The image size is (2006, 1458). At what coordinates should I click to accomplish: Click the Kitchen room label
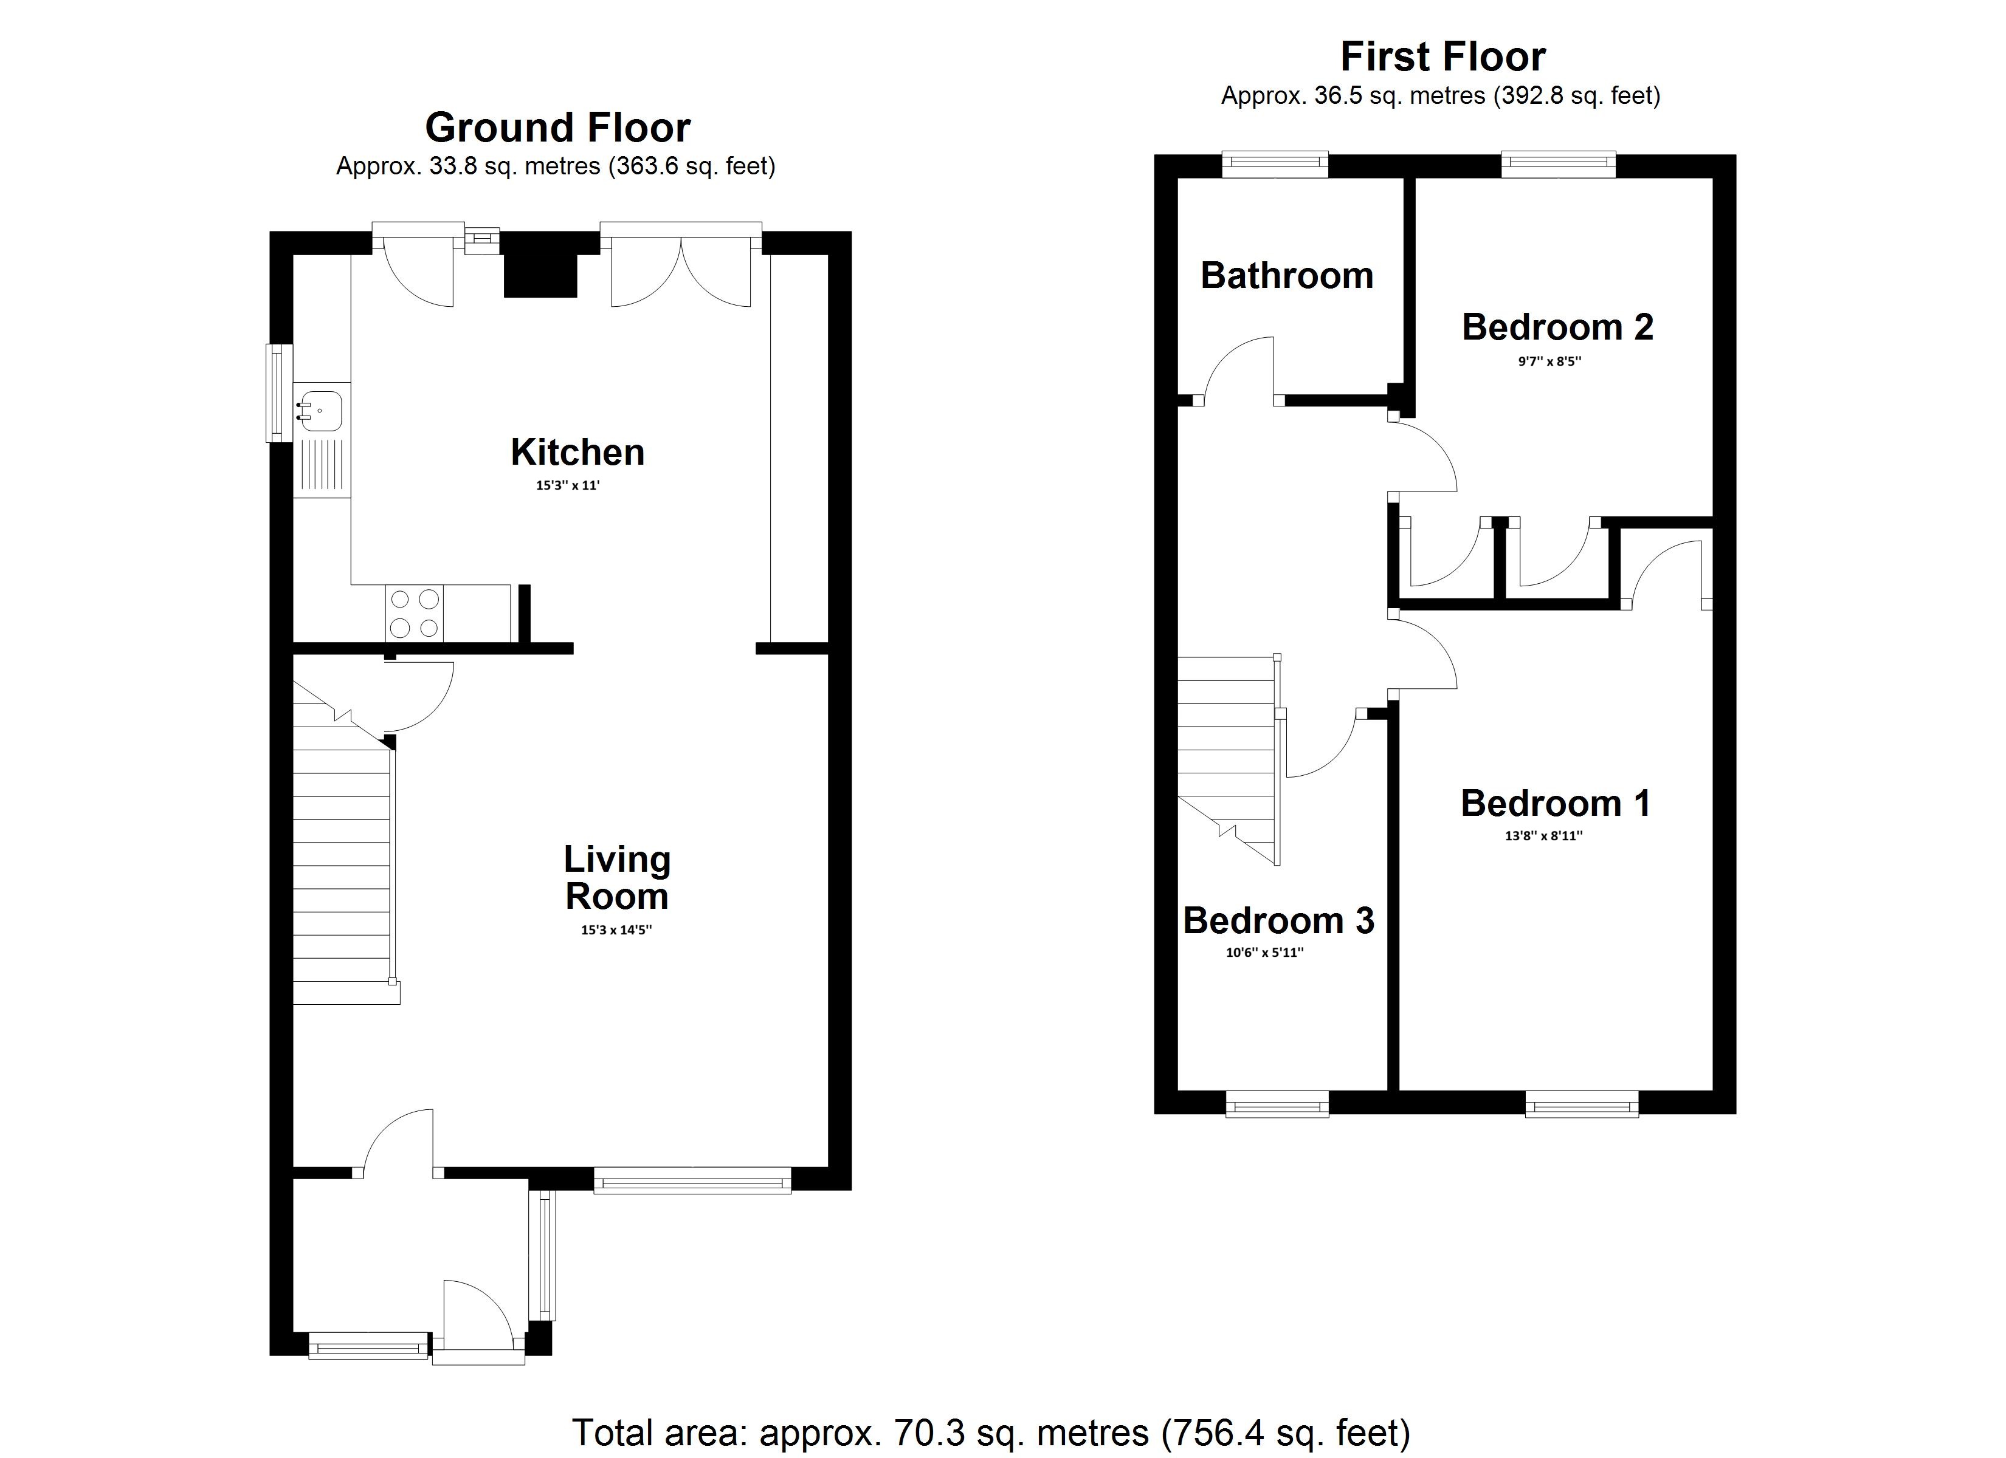[577, 453]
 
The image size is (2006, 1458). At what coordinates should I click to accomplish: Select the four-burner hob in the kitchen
[415, 614]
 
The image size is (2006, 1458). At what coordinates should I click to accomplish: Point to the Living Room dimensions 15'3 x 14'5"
[616, 930]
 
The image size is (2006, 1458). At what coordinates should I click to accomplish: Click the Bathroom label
[1286, 276]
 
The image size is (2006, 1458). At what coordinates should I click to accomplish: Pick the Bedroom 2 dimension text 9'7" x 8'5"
[1549, 361]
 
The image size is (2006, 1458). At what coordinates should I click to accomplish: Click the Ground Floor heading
[557, 128]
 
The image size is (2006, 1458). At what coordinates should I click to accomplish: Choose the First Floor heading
[1442, 58]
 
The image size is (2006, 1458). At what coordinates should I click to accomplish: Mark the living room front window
[692, 1180]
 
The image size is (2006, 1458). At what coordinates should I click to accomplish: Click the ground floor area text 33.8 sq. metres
[556, 166]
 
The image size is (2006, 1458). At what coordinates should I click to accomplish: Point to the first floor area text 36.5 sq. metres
[1440, 95]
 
